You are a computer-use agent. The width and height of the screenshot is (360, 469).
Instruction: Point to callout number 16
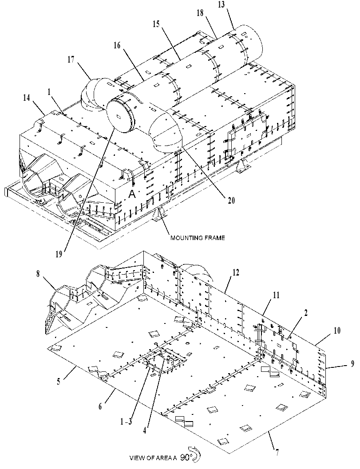[x=117, y=45]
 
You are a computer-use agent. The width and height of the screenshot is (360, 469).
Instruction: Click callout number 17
[x=71, y=60]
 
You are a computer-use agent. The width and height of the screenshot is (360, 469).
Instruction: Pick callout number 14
[x=27, y=98]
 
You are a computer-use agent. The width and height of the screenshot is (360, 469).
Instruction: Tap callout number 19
[x=59, y=254]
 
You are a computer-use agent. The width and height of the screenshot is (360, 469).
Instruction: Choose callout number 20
[x=231, y=200]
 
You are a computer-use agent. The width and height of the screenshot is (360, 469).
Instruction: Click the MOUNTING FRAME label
[x=198, y=238]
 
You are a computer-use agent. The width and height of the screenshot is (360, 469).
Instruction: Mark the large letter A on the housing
[x=132, y=194]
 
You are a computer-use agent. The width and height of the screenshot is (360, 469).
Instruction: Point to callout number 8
[x=38, y=274]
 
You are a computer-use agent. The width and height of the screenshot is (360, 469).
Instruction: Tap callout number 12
[x=236, y=273]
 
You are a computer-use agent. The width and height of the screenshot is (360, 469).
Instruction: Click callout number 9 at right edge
[x=352, y=363]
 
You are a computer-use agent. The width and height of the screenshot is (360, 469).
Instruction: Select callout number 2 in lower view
[x=305, y=313]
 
